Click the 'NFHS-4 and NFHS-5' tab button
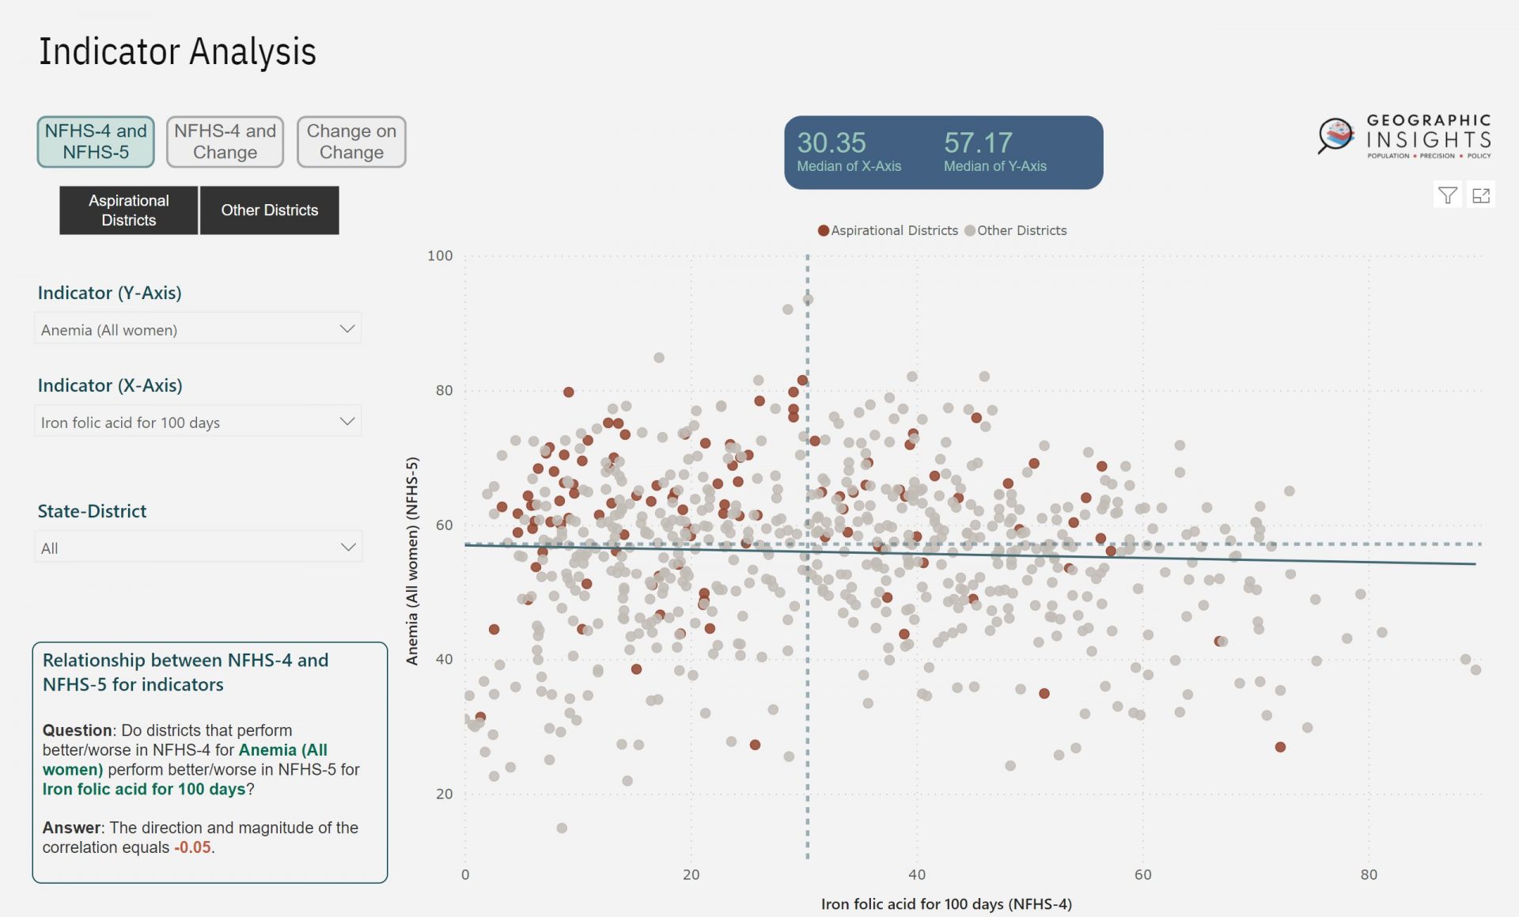96,142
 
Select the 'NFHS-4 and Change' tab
225,142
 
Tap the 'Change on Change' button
351,142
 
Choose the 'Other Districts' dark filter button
269,210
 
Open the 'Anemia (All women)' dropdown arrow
347,329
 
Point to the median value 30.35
831,142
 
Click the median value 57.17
978,142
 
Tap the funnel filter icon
1447,195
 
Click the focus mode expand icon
1480,195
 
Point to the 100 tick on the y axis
440,256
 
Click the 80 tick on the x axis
1369,874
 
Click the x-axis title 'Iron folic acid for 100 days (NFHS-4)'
946,904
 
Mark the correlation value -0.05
193,847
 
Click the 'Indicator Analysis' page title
177,52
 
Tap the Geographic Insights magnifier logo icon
1336,135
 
